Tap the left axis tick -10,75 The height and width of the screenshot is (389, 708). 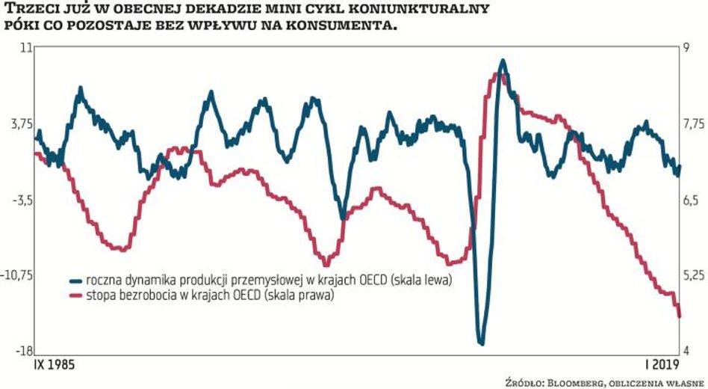coord(18,275)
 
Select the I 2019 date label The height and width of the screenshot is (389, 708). coord(661,365)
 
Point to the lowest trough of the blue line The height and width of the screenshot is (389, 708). coord(481,343)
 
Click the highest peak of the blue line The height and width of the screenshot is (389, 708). coord(503,61)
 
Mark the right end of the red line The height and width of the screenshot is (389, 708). coord(680,316)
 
